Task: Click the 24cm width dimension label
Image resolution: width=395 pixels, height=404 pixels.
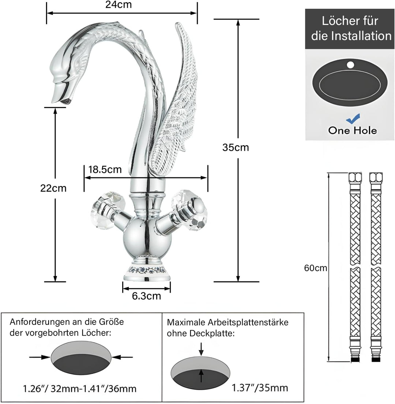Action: [118, 5]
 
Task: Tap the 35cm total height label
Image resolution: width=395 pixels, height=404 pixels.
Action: [236, 147]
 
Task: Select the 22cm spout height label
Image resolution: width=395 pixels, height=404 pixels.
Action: [53, 188]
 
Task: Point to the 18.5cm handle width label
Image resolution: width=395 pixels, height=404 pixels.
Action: [105, 169]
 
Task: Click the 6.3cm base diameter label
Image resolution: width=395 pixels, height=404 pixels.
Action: [147, 296]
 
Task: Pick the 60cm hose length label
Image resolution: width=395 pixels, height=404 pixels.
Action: [315, 268]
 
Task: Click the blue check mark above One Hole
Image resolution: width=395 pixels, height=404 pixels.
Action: [353, 119]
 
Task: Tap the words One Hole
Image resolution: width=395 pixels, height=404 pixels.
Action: [353, 130]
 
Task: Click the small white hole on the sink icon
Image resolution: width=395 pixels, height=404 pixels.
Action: [350, 65]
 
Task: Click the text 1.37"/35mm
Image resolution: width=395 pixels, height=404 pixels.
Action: [260, 388]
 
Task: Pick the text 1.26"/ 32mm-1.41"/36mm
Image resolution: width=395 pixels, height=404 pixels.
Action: [80, 389]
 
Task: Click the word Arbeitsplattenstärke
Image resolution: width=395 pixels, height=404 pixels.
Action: [248, 323]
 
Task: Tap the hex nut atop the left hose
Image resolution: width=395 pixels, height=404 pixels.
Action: [355, 177]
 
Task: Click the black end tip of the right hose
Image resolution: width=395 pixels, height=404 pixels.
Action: [376, 359]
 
